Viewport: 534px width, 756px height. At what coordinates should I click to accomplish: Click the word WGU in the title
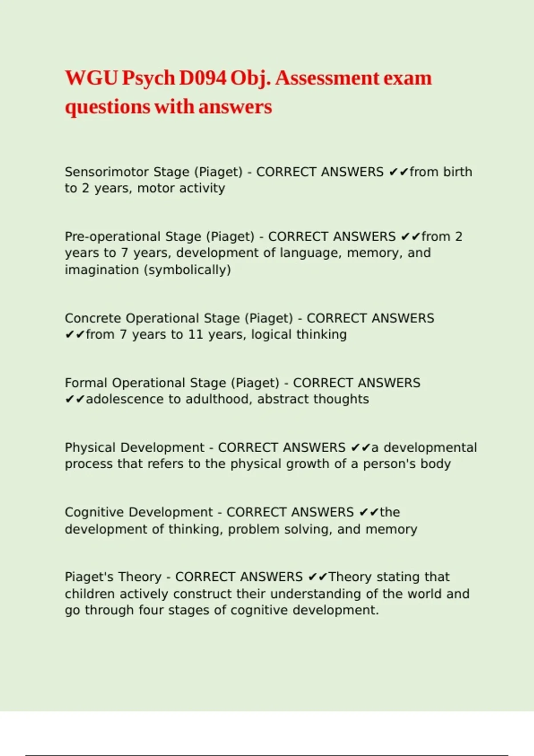pos(91,78)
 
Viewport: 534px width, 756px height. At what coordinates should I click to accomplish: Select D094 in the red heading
pos(202,78)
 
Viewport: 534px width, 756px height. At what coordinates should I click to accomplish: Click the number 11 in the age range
pos(195,334)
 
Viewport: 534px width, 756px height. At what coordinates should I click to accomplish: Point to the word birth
pos(457,172)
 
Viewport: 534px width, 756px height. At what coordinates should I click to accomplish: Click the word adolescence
pos(125,399)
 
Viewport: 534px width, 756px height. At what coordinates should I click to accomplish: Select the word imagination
pos(102,269)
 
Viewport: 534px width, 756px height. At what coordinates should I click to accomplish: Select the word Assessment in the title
pos(327,78)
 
